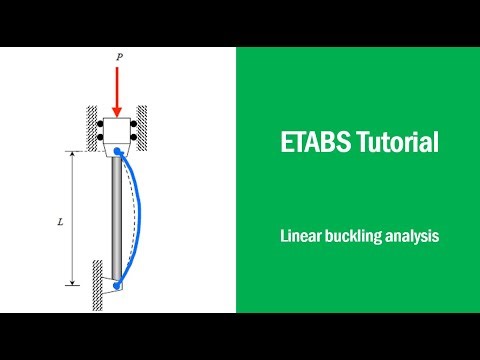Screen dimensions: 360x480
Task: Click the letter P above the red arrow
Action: coord(118,58)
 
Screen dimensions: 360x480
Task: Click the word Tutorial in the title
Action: coord(397,142)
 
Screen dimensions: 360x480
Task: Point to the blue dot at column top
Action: coord(118,152)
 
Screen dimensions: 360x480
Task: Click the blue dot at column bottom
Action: coord(118,286)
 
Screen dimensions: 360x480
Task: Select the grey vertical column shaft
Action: coord(117,220)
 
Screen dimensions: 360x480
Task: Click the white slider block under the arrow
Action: coord(118,132)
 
